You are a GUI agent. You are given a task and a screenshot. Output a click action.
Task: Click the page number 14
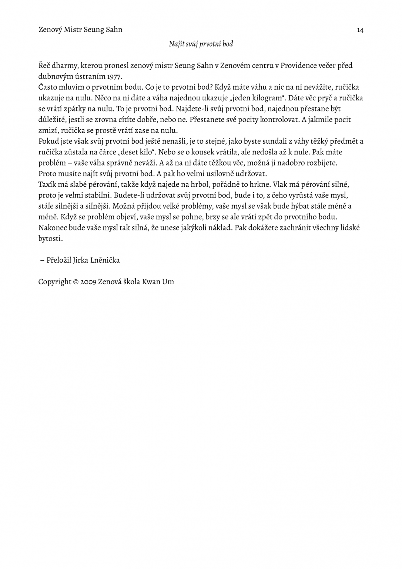[360, 30]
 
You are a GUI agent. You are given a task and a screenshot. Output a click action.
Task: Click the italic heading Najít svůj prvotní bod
[201, 44]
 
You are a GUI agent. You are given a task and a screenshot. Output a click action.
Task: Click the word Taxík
[47, 184]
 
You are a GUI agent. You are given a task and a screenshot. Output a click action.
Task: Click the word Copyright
[54, 282]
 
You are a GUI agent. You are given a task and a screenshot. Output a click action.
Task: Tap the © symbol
[76, 282]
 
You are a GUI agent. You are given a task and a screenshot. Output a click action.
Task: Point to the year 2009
[88, 282]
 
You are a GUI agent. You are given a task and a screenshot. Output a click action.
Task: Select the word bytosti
[50, 239]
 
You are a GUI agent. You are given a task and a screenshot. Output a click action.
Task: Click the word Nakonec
[53, 228]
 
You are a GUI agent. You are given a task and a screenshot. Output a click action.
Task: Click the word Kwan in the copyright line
[151, 282]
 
